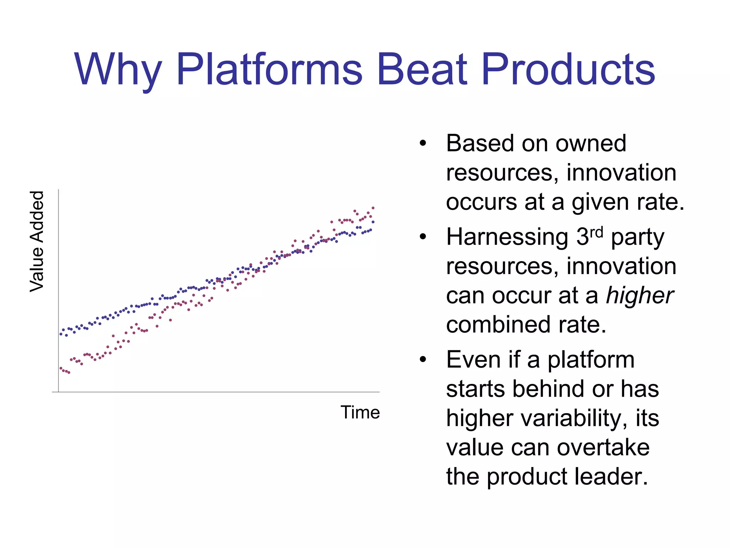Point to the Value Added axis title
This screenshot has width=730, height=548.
[x=37, y=242]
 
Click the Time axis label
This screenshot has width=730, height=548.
[x=360, y=412]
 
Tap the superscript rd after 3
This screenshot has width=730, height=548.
[x=596, y=232]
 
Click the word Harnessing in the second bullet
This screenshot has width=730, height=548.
[x=507, y=237]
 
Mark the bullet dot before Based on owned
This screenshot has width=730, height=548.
[x=423, y=143]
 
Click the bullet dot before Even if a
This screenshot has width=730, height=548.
[x=423, y=359]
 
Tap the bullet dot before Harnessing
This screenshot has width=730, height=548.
[x=423, y=237]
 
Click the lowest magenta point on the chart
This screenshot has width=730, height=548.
[x=69, y=372]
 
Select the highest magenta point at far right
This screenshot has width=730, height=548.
[x=373, y=208]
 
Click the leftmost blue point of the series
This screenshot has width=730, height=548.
[x=61, y=334]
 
